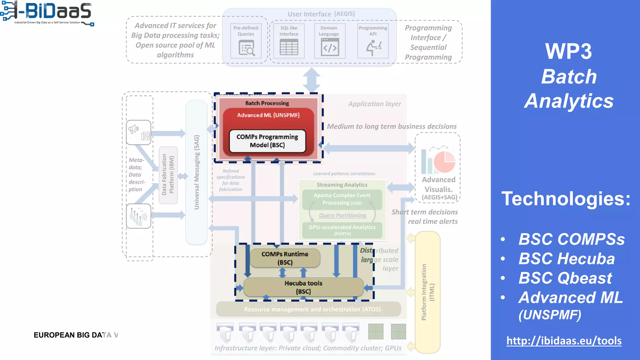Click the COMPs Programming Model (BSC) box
267,141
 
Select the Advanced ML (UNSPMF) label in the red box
268,115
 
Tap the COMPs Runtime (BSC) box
285,258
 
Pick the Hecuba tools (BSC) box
303,287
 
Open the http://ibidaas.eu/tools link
564,341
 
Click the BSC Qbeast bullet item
565,278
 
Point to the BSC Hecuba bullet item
566,259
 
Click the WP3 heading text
568,51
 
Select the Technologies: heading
566,199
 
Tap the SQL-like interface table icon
289,47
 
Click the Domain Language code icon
330,47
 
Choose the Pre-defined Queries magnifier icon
247,48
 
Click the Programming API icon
373,48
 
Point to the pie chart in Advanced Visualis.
445,162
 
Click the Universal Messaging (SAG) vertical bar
197,172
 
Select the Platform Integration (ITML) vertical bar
427,292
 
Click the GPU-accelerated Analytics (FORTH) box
342,230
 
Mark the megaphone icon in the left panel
133,129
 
